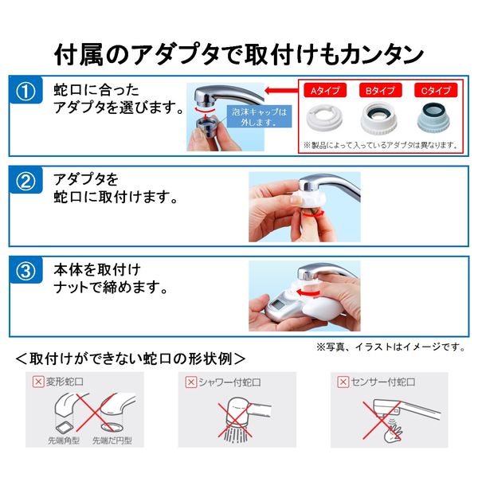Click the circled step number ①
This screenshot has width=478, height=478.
pos(26,92)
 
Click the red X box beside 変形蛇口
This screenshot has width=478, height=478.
pos(37,382)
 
